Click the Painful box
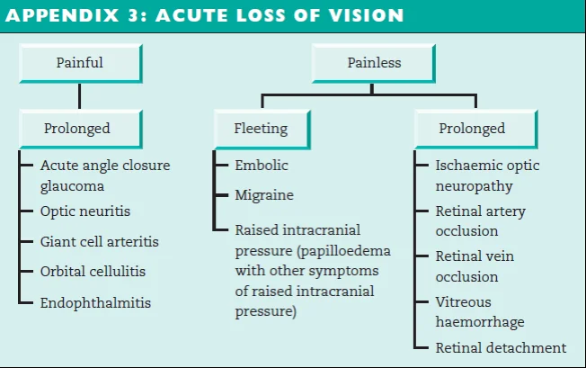[x=79, y=63]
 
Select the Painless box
[x=374, y=63]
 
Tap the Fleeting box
[x=261, y=129]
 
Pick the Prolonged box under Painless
[x=472, y=129]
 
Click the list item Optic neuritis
[x=85, y=211]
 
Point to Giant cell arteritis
[x=99, y=241]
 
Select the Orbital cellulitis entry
[x=93, y=271]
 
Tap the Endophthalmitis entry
[x=95, y=303]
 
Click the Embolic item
[x=262, y=166]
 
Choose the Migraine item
[x=264, y=194]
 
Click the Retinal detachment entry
[x=501, y=347]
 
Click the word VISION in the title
[x=366, y=16]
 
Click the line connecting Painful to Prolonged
[x=79, y=95]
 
